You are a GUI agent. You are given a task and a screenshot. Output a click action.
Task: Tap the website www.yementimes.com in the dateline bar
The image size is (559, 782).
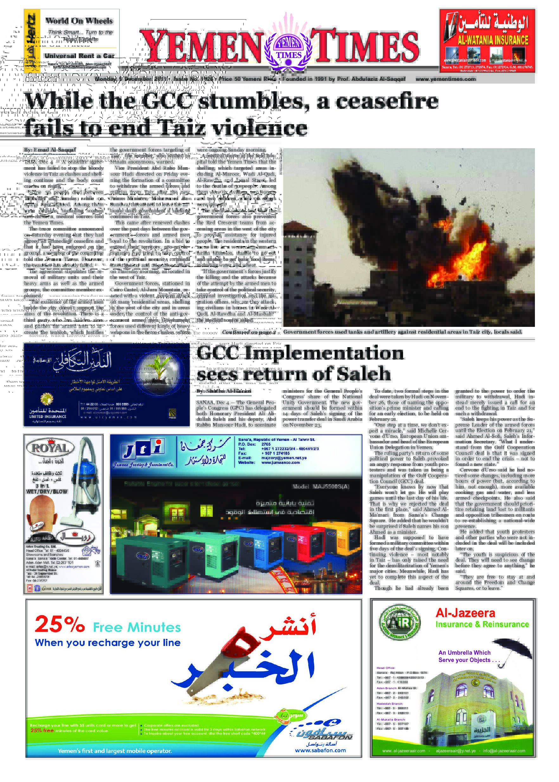446,79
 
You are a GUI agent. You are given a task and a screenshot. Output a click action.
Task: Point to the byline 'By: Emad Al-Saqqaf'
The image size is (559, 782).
50,150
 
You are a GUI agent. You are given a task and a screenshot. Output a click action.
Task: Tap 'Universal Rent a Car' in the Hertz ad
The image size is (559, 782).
80,56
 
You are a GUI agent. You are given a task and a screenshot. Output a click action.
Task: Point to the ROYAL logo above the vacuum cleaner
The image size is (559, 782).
50,448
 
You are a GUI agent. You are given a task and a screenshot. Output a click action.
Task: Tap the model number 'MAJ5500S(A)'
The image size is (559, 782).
320,486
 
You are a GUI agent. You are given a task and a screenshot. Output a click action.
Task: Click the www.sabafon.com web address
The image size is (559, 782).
320,751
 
